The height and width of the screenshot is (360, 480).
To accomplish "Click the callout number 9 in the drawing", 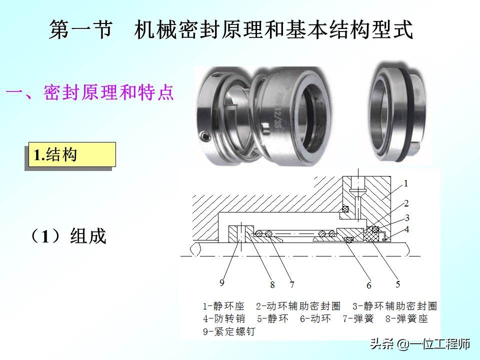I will tap(222, 283).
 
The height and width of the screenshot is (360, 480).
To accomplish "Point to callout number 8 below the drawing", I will tap(272, 285).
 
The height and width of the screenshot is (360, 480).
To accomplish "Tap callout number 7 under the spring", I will tap(291, 285).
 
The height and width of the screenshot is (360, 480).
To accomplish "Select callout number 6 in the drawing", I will tap(369, 285).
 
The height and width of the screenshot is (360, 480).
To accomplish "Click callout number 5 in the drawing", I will tap(398, 284).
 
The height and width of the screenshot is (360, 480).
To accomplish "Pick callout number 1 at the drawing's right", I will tap(406, 183).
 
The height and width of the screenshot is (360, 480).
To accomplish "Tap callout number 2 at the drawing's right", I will tap(406, 203).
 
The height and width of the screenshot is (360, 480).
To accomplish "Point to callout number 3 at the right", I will tap(407, 217).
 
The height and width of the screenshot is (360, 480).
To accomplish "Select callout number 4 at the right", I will tap(407, 229).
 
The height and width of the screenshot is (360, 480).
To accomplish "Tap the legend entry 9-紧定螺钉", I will tap(228, 331).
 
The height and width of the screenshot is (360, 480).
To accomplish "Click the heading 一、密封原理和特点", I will tap(90, 93).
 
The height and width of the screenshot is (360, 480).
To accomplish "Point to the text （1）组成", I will tap(69, 236).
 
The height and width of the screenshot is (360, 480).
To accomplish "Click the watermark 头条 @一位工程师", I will tap(419, 344).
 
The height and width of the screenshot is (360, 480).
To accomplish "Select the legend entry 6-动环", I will tap(315, 318).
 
